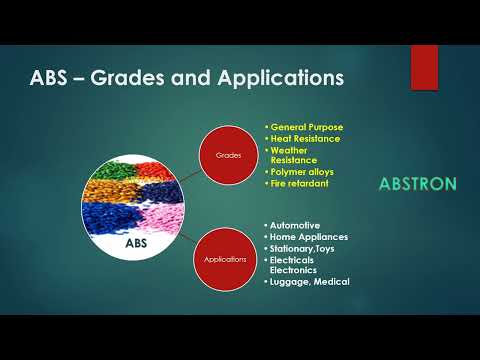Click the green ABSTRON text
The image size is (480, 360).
(x=418, y=184)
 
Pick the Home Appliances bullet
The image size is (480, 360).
(x=308, y=237)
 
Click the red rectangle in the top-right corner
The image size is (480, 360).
(x=424, y=66)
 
